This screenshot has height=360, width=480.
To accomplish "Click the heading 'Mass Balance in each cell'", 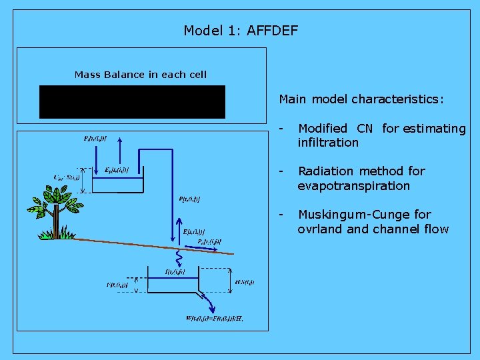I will point(141,75).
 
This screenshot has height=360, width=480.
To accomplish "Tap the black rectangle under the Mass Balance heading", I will point(132,102).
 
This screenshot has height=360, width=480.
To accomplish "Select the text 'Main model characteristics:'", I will point(361,99).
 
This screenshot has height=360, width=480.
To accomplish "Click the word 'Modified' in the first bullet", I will point(323,128).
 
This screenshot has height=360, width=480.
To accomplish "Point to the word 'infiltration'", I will point(328,143).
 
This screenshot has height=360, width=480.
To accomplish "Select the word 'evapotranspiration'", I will point(353,186).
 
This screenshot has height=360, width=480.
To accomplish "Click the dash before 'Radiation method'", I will point(283,171).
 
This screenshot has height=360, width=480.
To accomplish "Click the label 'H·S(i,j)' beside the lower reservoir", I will point(245,282).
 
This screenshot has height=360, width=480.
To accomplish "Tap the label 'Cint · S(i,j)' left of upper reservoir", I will point(67,177).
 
